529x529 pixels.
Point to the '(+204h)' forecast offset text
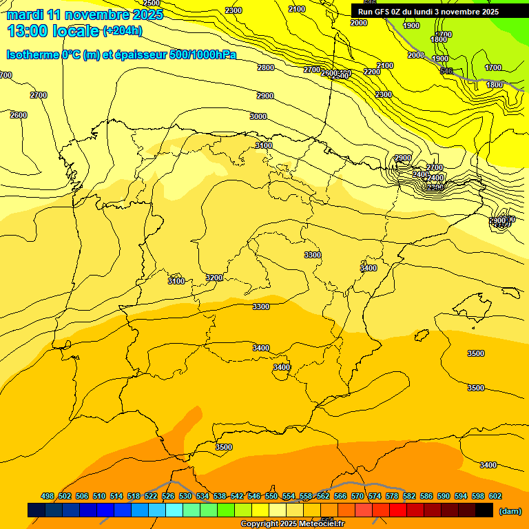[x=122, y=31]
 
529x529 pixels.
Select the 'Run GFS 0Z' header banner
[x=428, y=12]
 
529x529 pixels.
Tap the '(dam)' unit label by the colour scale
[x=510, y=510]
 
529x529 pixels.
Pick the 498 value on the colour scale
[x=48, y=496]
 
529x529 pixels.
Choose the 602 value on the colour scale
[x=495, y=496]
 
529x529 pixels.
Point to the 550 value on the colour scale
[x=271, y=496]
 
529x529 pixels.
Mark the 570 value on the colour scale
[x=357, y=496]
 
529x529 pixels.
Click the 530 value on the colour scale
[x=185, y=496]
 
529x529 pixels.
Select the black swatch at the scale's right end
[x=484, y=510]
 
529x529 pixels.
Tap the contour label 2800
[x=265, y=68]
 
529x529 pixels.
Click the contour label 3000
[x=258, y=117]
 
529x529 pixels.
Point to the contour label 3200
[x=214, y=278]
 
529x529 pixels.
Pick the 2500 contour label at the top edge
[x=152, y=3]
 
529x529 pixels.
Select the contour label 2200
[x=372, y=72]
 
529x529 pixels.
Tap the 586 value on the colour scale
[x=426, y=496]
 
